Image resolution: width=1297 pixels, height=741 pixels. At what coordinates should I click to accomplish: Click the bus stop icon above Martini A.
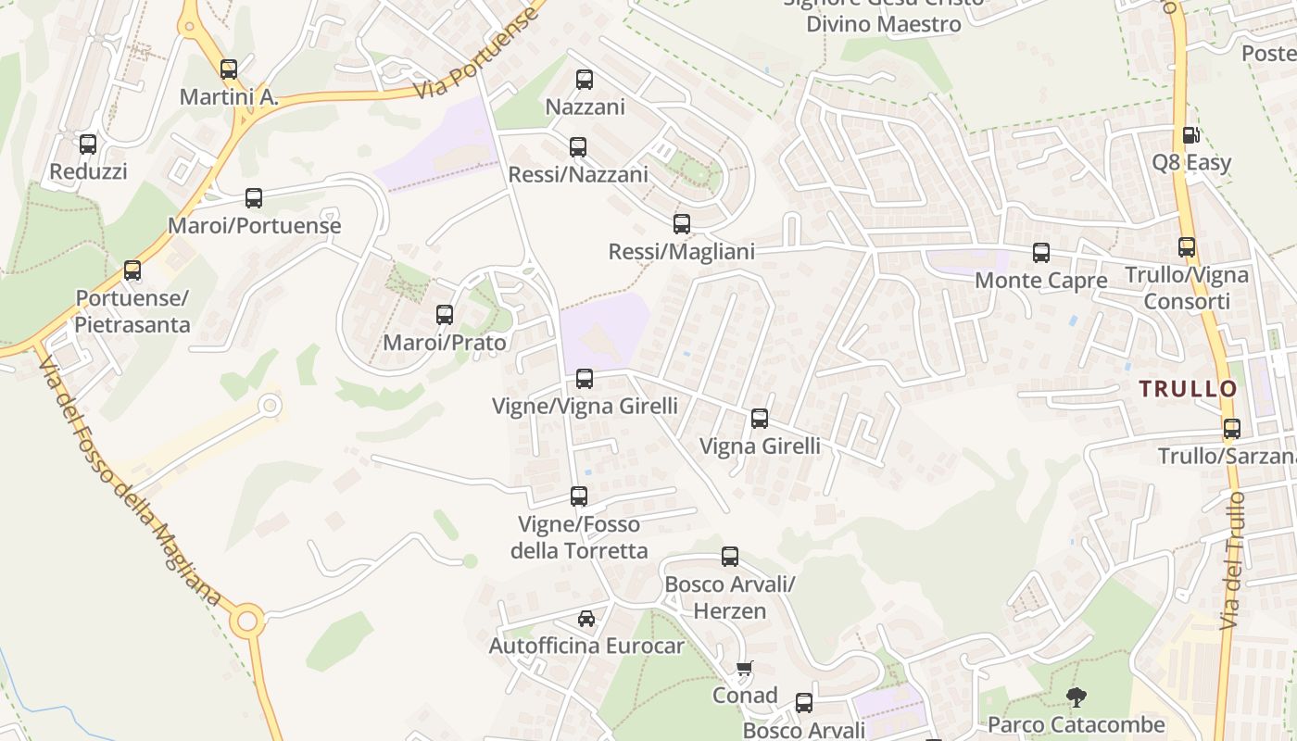(229, 69)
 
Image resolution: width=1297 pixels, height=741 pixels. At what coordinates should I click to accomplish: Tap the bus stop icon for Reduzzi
(88, 144)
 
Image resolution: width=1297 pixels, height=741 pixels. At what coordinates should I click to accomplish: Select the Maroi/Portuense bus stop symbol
(254, 197)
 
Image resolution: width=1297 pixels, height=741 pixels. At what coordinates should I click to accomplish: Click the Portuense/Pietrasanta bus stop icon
(132, 270)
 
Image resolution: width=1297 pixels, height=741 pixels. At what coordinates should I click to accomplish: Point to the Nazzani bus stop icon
(585, 80)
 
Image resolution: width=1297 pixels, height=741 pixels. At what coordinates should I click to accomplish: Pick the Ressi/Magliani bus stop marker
(682, 223)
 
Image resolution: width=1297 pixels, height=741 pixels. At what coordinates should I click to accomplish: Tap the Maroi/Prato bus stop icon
(445, 315)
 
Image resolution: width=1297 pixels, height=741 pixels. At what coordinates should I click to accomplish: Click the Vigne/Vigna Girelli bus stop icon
(585, 378)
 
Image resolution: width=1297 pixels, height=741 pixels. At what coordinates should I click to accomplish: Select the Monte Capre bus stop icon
(1041, 252)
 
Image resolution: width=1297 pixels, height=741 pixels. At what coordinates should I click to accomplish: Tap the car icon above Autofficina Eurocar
(586, 618)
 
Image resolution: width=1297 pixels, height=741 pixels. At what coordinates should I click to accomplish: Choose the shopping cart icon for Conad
(744, 668)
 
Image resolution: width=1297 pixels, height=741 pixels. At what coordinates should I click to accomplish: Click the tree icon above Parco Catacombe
(1076, 697)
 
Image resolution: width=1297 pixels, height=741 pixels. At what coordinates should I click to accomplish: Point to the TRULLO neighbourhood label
(1189, 389)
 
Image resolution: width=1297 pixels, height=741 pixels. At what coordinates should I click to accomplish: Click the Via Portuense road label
(476, 55)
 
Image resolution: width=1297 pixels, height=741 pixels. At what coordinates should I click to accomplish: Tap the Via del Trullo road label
(1233, 560)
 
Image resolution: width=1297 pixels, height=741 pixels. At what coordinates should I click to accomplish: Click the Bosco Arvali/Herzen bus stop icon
(730, 557)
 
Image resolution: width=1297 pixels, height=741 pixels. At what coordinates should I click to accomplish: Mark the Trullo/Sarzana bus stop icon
(1232, 429)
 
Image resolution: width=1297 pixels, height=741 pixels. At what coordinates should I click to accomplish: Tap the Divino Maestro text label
(884, 24)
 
